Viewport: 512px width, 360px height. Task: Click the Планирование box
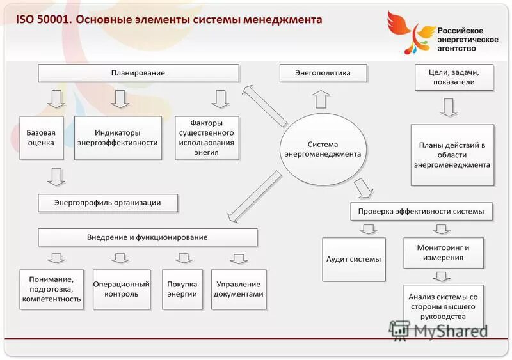click(x=138, y=73)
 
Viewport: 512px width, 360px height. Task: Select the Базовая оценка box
click(x=41, y=137)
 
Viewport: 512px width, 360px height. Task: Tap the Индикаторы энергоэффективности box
click(x=117, y=137)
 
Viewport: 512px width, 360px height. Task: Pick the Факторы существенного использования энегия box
click(x=207, y=137)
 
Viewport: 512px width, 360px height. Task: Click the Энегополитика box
click(x=323, y=73)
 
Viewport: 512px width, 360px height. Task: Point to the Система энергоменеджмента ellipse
click(x=323, y=149)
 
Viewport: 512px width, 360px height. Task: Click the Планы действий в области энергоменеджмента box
click(x=452, y=155)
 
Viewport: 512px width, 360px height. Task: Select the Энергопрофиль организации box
click(x=108, y=203)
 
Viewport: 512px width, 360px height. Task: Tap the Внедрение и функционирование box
click(x=147, y=237)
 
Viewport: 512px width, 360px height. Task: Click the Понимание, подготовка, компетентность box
click(x=51, y=289)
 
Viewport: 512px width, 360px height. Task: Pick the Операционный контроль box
click(x=122, y=289)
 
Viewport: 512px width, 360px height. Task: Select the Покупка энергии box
click(x=182, y=289)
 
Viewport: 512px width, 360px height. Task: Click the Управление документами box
click(x=239, y=289)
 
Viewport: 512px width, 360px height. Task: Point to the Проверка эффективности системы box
click(x=421, y=211)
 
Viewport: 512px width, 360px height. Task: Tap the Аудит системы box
click(x=354, y=259)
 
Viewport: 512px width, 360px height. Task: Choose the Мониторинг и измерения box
click(x=443, y=253)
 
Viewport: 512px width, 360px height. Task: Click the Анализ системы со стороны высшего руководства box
click(x=443, y=306)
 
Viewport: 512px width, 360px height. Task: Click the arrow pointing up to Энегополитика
click(x=322, y=98)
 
